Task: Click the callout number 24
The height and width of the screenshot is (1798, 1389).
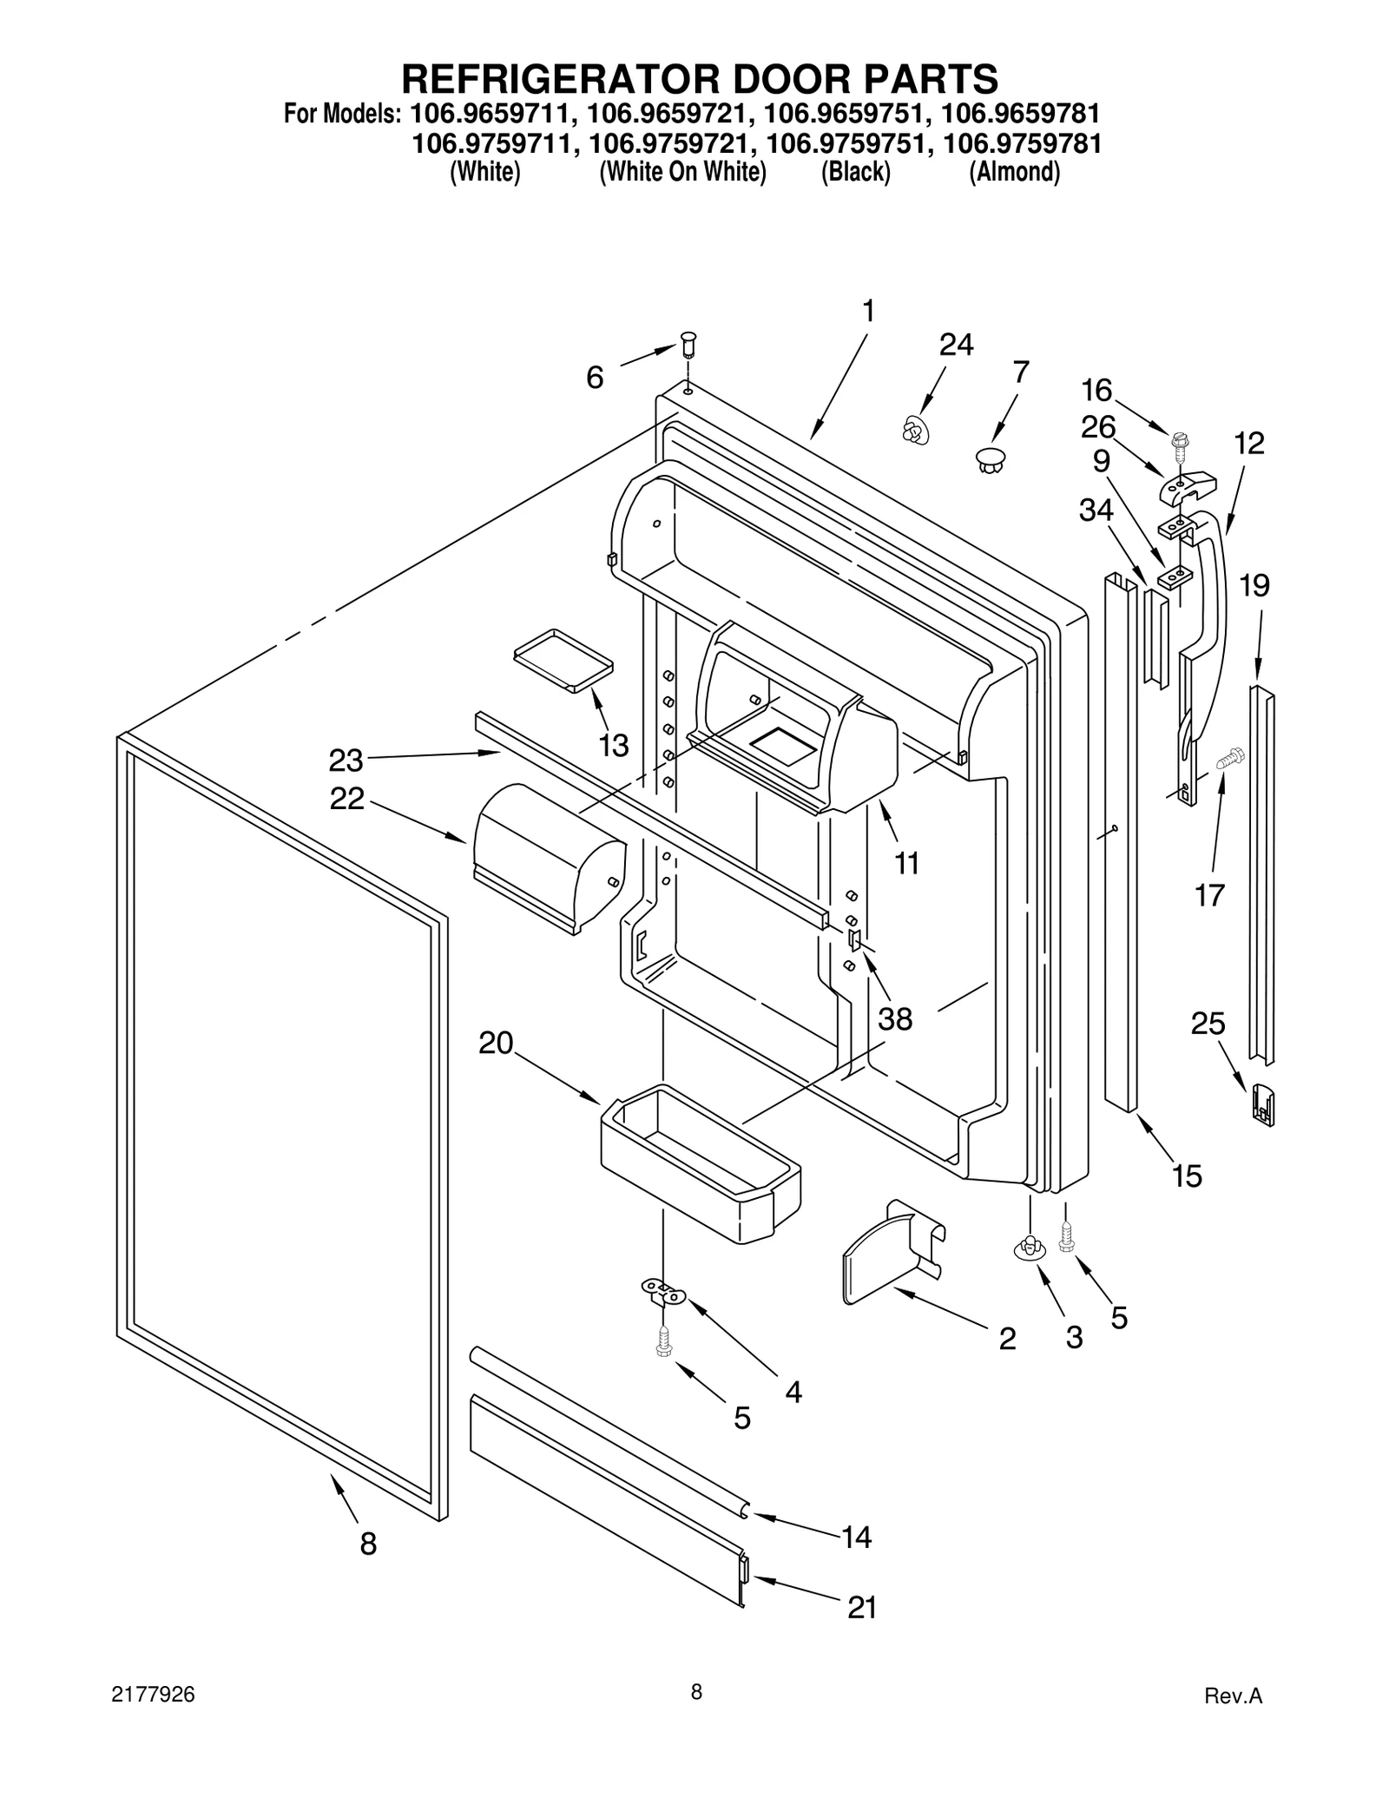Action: pos(956,345)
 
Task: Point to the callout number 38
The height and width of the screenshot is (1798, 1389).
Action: pos(895,1018)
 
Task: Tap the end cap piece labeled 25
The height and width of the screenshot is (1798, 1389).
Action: pos(1263,1103)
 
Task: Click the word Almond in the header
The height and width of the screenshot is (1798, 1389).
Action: pos(1014,172)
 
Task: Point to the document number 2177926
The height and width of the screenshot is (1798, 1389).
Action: pos(153,1695)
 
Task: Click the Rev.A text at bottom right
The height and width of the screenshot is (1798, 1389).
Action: pos(1233,1696)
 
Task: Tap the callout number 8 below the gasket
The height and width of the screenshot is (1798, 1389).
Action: pos(368,1544)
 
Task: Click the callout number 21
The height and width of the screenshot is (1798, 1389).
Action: pos(861,1608)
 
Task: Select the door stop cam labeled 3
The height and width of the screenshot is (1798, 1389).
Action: pos(1029,1248)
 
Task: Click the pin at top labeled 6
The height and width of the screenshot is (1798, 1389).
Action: pos(688,344)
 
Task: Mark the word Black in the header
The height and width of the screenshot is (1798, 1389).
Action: pos(856,172)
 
